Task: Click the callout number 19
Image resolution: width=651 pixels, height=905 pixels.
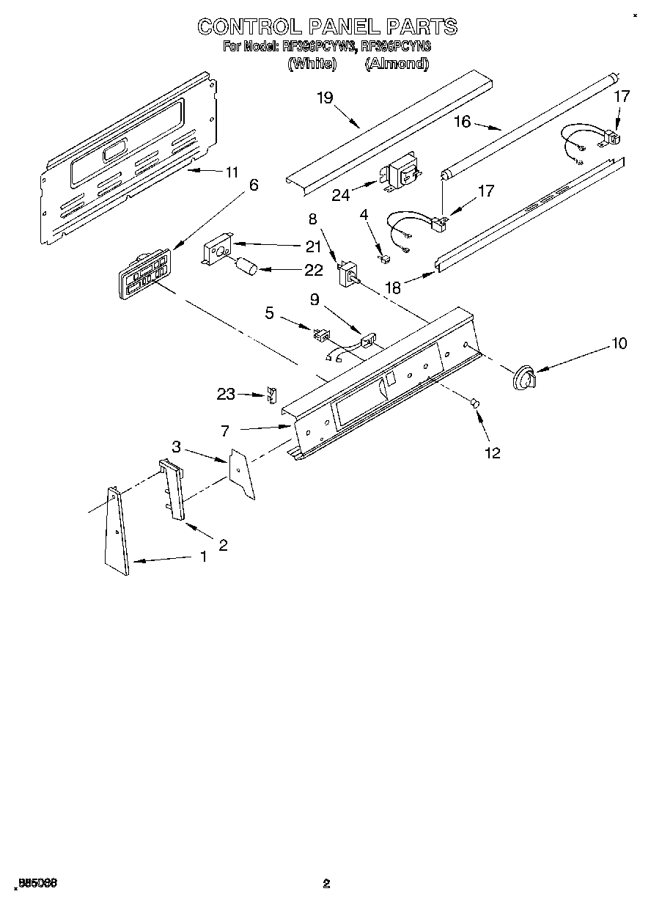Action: pyautogui.click(x=325, y=98)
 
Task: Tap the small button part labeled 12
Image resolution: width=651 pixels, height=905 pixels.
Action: pyautogui.click(x=474, y=402)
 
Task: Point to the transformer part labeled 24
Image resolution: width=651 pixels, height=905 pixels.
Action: pyautogui.click(x=400, y=176)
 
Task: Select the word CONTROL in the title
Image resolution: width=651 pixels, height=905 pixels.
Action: pyautogui.click(x=249, y=26)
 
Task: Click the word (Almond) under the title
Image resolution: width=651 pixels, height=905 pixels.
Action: pyautogui.click(x=397, y=64)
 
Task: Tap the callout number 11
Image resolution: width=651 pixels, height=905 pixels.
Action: pyautogui.click(x=232, y=172)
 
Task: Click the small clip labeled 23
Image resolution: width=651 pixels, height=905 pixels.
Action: pyautogui.click(x=272, y=395)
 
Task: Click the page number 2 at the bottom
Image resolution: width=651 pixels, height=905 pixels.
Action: pyautogui.click(x=326, y=884)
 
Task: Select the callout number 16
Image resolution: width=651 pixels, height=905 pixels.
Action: pyautogui.click(x=462, y=122)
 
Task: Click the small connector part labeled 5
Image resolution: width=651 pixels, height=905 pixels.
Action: pyautogui.click(x=320, y=334)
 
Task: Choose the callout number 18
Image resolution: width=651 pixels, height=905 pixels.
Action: pyautogui.click(x=393, y=288)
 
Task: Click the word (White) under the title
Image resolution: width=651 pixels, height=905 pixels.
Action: pyautogui.click(x=312, y=64)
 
